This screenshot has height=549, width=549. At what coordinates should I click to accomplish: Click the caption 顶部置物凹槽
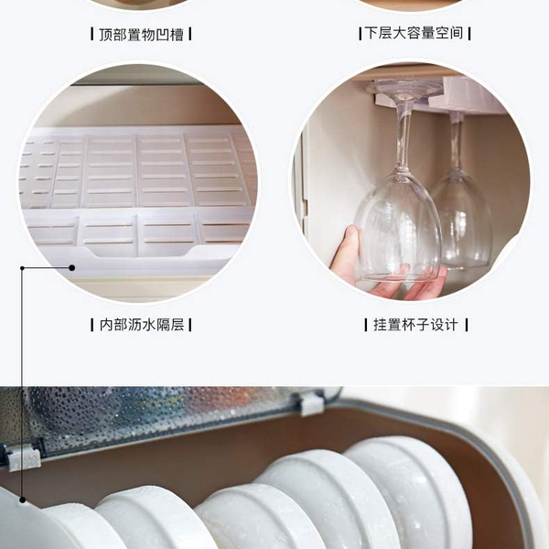pos(141,35)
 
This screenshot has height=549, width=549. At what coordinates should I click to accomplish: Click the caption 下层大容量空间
pos(414,33)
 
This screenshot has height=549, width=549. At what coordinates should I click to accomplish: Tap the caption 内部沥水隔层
pos(142,325)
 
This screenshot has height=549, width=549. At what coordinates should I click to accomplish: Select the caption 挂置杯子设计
pos(415,325)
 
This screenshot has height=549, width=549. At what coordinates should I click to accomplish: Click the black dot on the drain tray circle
pos(71,268)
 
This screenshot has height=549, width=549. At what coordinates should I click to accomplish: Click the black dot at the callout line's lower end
pos(22,500)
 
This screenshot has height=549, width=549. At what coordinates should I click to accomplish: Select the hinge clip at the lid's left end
pos(21,457)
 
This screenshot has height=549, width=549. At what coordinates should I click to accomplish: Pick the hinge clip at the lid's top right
pos(312,403)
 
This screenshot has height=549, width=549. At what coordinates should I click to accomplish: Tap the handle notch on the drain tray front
pos(139,253)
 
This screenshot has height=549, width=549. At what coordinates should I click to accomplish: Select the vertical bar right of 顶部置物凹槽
pos(189,34)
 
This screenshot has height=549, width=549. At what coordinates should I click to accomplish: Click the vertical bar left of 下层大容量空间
pos(360,34)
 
